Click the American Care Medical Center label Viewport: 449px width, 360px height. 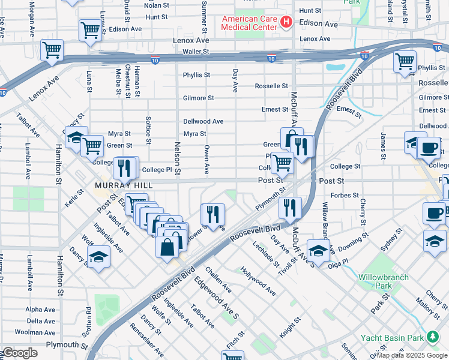tap(250, 23)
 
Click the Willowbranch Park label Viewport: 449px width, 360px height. tap(383, 281)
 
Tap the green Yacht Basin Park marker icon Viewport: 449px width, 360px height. tap(431, 336)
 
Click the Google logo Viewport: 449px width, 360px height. tap(20, 353)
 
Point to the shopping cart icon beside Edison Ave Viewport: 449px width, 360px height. tap(89, 28)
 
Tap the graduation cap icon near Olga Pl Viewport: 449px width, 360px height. tap(318, 248)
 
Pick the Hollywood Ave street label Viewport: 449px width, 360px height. tap(258, 281)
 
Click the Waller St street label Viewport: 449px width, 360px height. tap(196, 52)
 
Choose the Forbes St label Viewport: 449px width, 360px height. tap(344, 195)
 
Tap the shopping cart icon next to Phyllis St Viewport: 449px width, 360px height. tap(405, 61)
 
